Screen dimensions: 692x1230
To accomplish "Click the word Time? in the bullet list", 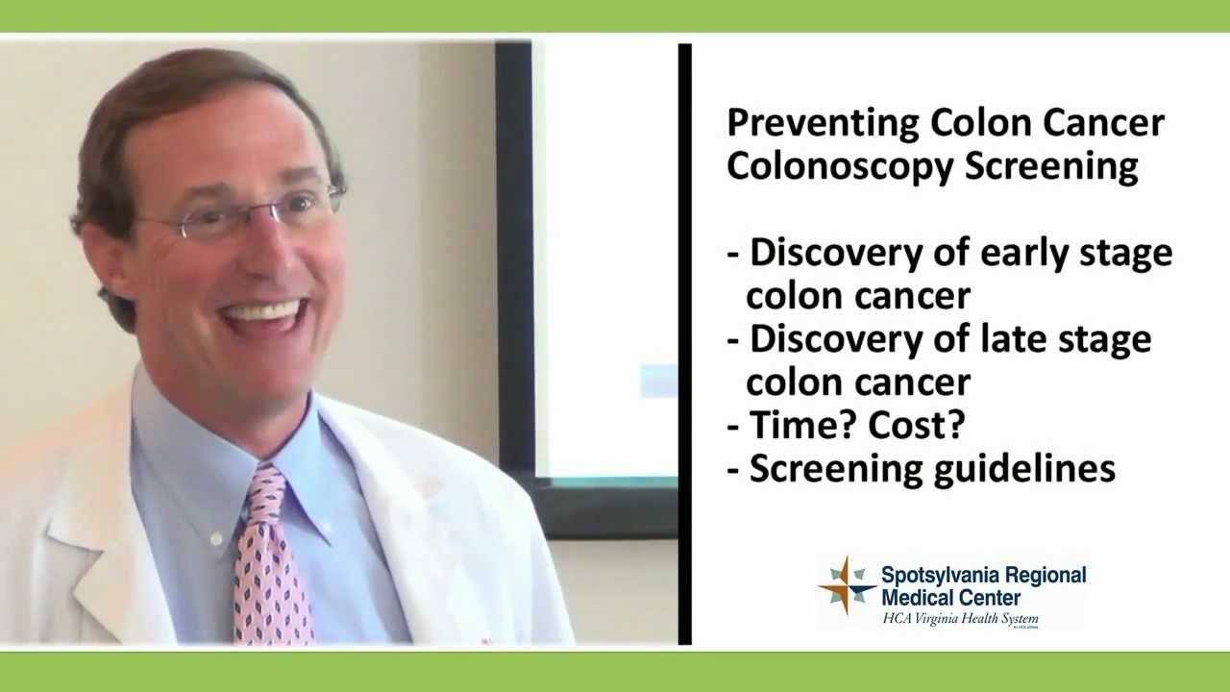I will [794, 425].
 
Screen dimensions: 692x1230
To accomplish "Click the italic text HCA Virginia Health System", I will [960, 620].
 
